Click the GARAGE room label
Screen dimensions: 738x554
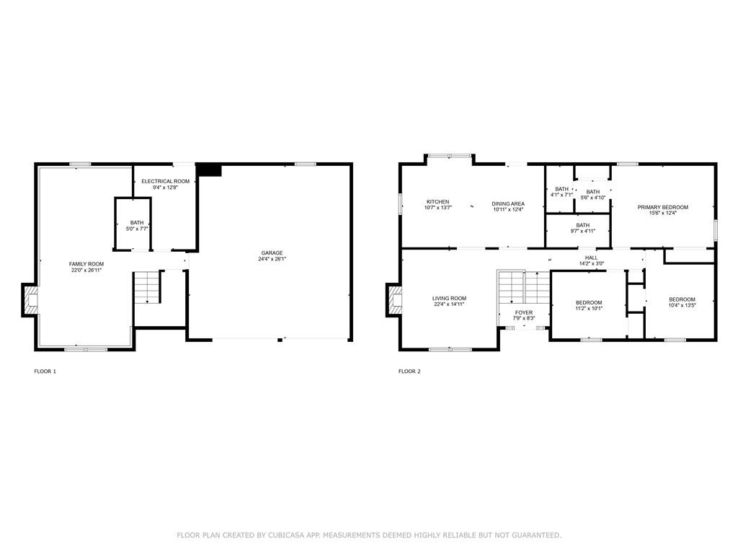[x=272, y=253]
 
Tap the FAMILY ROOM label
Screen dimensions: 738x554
[x=86, y=264]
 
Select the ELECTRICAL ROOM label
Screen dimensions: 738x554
[x=165, y=181]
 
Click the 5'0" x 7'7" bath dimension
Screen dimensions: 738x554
[x=137, y=229]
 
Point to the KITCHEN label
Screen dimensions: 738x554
[x=437, y=202]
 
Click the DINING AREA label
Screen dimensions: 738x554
[x=508, y=204]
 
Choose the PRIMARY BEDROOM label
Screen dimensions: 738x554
[x=663, y=207]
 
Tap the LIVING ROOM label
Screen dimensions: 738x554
[x=449, y=298]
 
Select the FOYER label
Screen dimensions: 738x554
[x=524, y=313]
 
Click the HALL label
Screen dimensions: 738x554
[x=592, y=258]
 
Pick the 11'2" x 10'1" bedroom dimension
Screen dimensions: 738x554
[x=589, y=309]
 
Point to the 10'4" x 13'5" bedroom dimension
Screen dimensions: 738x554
[x=682, y=305]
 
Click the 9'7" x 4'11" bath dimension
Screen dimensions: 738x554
[x=582, y=232]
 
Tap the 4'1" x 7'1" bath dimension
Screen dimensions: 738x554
[x=561, y=195]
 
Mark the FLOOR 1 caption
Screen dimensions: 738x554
[x=45, y=371]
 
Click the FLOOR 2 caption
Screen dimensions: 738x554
[x=409, y=371]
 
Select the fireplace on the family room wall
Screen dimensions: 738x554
[x=29, y=299]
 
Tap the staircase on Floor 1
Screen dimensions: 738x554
[x=147, y=287]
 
